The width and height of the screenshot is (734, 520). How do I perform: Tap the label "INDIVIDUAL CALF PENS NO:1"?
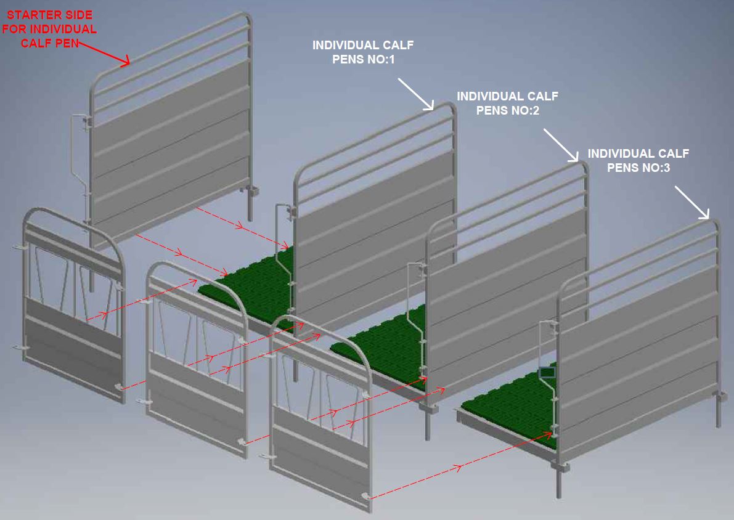coord(362,52)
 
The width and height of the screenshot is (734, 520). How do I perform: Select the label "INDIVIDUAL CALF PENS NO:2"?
coord(507,104)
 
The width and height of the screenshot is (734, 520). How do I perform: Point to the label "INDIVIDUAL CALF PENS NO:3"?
coord(638,160)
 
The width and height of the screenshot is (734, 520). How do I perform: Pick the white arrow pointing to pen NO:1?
coord(417,94)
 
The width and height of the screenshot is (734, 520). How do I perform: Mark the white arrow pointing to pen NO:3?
coord(692,203)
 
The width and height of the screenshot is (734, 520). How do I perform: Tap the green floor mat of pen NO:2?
coord(382,339)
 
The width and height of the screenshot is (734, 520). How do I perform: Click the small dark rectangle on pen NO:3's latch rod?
coord(547,372)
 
